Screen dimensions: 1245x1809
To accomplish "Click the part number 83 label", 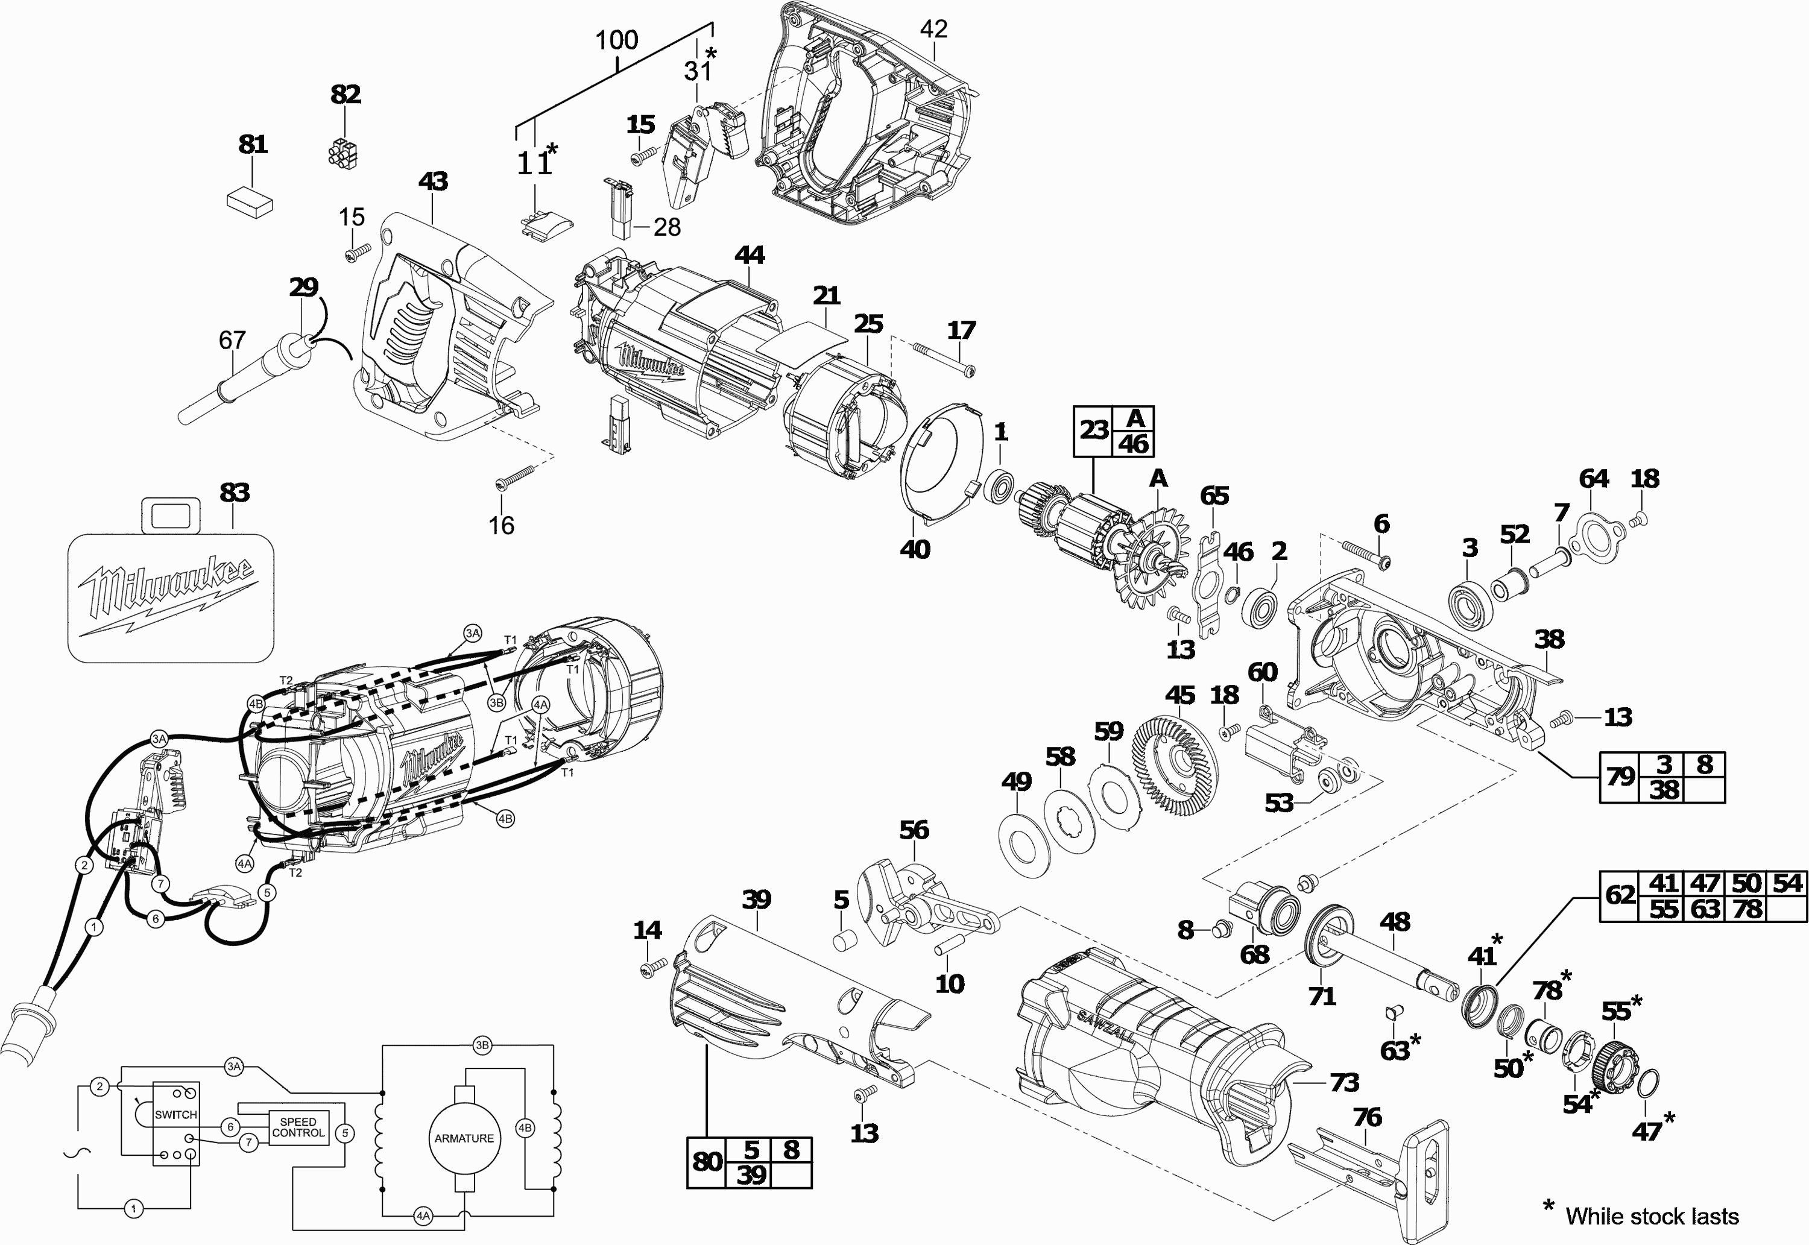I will (234, 493).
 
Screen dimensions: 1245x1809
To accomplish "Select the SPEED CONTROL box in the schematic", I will (298, 1127).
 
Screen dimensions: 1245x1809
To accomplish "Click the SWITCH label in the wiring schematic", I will (175, 1115).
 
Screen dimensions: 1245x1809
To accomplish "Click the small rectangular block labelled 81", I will (250, 201).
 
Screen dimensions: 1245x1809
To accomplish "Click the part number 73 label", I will (1344, 1082).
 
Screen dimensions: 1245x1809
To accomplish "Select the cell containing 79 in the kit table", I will (1620, 777).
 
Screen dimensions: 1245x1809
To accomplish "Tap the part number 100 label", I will (616, 40).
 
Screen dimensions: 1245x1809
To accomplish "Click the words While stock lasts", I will (1652, 1216).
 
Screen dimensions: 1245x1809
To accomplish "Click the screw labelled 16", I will (515, 476).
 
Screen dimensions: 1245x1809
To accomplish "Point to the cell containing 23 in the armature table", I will (1094, 430).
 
